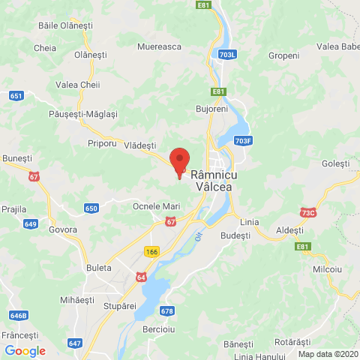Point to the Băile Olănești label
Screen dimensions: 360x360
65,25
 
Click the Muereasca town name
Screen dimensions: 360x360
160,46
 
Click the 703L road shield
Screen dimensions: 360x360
229,54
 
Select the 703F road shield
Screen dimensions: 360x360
241,140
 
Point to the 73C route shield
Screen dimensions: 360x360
307,213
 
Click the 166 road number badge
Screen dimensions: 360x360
153,252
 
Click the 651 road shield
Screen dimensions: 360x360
16,96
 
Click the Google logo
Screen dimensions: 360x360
25,350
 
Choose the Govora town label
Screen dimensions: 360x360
62,229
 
